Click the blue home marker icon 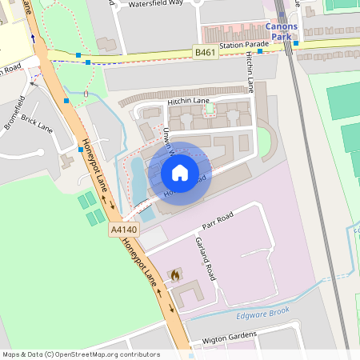[x=180, y=172]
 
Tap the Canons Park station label [x=281, y=31]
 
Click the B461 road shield [x=205, y=53]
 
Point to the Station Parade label [x=244, y=46]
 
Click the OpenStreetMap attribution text [x=81, y=354]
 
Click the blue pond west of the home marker [x=138, y=180]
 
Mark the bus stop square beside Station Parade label [x=259, y=50]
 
